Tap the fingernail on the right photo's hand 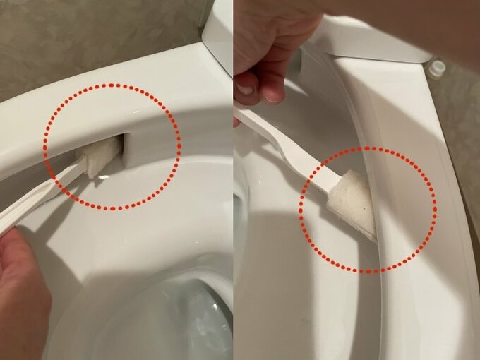[245, 90]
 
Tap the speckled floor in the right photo [462, 141]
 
